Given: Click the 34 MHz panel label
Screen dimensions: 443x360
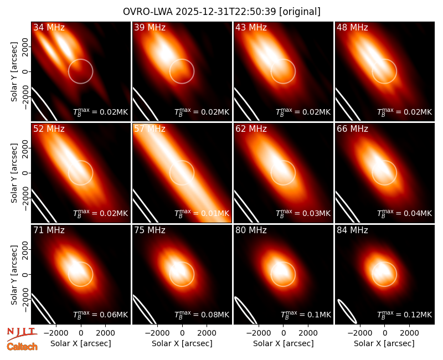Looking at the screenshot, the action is click(x=49, y=27).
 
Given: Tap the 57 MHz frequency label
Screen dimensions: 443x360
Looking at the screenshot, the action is click(x=150, y=129).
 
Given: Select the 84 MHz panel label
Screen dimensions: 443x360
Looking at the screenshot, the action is click(x=352, y=230).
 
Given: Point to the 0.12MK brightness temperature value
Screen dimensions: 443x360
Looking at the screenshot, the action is click(x=418, y=315).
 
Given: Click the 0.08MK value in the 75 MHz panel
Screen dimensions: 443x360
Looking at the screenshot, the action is click(x=215, y=315).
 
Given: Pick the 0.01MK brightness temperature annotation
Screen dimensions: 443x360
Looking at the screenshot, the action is click(x=215, y=213).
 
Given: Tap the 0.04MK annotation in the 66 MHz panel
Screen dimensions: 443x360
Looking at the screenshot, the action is click(x=418, y=213).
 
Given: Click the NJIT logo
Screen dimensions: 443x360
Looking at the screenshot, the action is click(x=22, y=334).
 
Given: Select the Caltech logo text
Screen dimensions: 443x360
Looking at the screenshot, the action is click(x=22, y=347).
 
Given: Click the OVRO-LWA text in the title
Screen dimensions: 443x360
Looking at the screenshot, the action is click(x=148, y=12).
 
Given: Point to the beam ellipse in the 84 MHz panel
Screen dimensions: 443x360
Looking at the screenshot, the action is click(x=347, y=311).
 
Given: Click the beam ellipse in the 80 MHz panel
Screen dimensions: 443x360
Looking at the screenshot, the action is click(x=245, y=310).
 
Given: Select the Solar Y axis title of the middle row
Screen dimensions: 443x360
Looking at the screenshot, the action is click(x=14, y=173).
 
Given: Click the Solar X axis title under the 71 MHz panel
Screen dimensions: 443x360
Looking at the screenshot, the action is click(x=81, y=343).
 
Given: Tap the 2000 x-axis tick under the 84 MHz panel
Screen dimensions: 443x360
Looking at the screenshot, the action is click(x=409, y=333).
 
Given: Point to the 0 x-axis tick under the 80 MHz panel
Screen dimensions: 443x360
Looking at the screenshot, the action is click(x=284, y=333).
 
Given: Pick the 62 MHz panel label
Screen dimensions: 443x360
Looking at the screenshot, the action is click(x=251, y=129).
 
